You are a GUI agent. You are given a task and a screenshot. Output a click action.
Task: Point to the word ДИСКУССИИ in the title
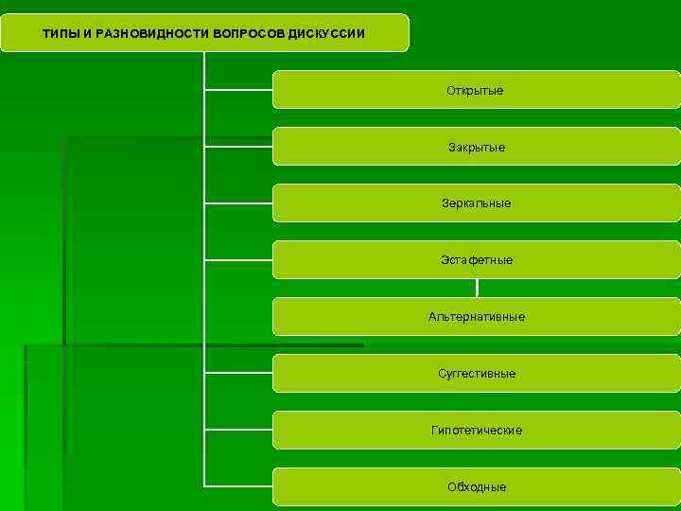pyautogui.click(x=326, y=34)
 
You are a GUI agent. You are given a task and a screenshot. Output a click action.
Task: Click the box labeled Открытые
pyautogui.click(x=476, y=90)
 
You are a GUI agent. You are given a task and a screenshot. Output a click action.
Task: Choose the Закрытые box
pyautogui.click(x=476, y=147)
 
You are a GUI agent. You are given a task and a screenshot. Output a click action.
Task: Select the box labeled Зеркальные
pyautogui.click(x=476, y=203)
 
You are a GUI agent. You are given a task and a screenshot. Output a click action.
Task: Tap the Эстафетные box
pyautogui.click(x=476, y=259)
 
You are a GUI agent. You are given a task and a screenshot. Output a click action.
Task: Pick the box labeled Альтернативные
pyautogui.click(x=476, y=316)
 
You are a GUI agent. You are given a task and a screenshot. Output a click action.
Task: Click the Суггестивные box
pyautogui.click(x=476, y=373)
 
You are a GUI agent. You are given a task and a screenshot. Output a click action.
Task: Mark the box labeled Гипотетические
pyautogui.click(x=476, y=430)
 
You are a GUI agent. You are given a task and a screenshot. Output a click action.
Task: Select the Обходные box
pyautogui.click(x=476, y=486)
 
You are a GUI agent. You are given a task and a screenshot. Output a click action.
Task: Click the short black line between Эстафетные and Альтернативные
pyautogui.click(x=477, y=288)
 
